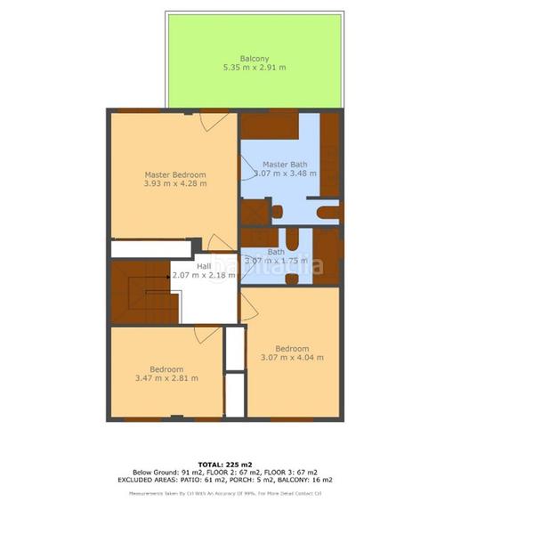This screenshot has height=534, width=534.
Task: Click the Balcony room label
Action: [x=255, y=59]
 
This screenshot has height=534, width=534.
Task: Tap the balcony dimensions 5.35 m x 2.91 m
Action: [x=255, y=68]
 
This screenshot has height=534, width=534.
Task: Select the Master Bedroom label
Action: [x=175, y=174]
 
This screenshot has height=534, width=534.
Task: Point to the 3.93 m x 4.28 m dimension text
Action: [x=175, y=184]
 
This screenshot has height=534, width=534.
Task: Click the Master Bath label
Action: [x=285, y=165]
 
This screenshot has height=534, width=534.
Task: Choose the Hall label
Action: [x=204, y=265]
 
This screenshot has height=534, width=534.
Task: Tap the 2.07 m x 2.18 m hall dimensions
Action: [x=204, y=275]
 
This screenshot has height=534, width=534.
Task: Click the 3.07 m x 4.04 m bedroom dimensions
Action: [x=292, y=358]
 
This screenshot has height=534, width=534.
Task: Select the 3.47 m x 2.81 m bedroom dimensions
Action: [x=166, y=379]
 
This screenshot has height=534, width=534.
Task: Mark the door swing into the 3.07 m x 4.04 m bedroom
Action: [x=248, y=308]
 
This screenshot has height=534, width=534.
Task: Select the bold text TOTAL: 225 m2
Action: [x=224, y=465]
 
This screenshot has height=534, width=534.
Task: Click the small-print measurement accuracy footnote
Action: [x=224, y=492]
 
